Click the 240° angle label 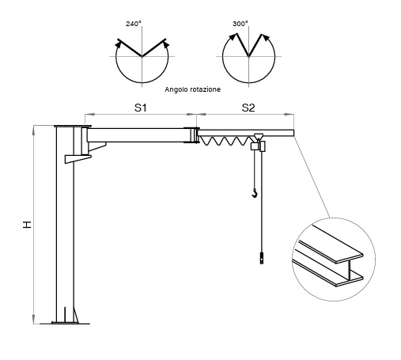point(134,24)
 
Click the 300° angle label point(240,24)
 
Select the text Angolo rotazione point(192,89)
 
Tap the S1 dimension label point(140,108)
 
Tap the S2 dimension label point(248,108)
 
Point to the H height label point(27,225)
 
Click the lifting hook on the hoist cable point(255,193)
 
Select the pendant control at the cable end point(262,258)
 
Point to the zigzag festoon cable point(225,141)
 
